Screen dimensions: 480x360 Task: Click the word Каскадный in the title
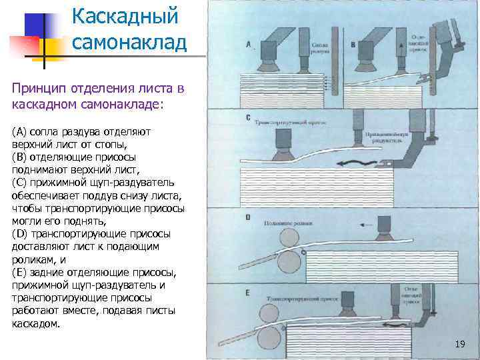[x=125, y=15]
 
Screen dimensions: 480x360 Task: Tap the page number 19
[x=459, y=344]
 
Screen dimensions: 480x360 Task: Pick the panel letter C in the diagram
[x=248, y=119]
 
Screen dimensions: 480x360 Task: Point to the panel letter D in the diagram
[x=248, y=217]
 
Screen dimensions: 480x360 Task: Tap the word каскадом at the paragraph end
[x=36, y=325]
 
